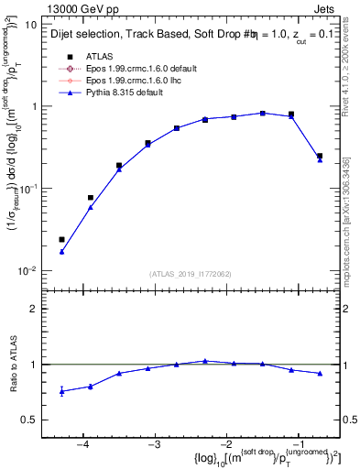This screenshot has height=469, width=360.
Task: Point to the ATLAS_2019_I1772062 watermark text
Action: (191, 274)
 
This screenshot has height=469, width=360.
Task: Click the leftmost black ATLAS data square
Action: (61, 239)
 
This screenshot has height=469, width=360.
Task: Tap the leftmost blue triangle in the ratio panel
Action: (61, 391)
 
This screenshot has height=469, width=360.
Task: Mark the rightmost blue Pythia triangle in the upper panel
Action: (320, 159)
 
